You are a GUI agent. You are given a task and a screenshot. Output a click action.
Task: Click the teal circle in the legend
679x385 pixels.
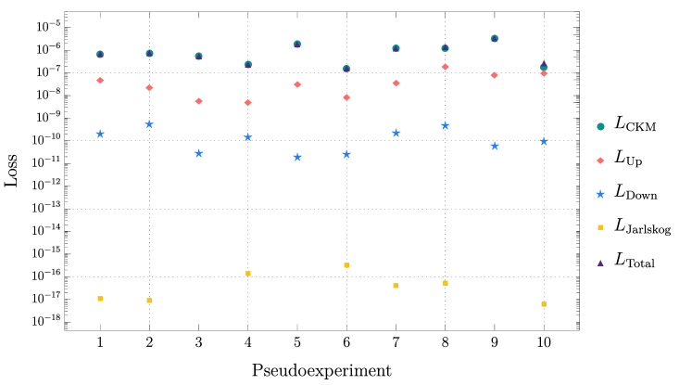click(600, 127)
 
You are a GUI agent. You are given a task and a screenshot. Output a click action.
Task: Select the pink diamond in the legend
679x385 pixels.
click(600, 160)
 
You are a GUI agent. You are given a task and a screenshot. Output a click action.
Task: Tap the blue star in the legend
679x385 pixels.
click(600, 194)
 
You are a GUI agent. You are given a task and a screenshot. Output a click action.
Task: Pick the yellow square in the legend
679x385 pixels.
click(600, 227)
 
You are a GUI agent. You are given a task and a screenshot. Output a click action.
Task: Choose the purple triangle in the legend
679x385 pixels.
click(600, 263)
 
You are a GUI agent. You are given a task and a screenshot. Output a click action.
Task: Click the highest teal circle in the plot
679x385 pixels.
click(495, 39)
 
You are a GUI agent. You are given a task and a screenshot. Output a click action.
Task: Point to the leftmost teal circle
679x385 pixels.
click(100, 55)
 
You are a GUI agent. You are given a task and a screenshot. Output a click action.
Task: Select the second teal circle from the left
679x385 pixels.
click(149, 54)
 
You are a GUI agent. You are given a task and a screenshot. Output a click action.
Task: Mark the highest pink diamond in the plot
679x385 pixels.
click(445, 67)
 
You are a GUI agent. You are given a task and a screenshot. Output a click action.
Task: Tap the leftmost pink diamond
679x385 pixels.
click(100, 81)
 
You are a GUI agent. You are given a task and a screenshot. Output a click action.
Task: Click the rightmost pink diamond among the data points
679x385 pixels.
click(544, 73)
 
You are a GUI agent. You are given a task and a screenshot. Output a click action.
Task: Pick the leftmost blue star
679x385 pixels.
click(100, 134)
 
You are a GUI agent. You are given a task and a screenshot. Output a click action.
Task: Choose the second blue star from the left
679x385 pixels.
click(149, 124)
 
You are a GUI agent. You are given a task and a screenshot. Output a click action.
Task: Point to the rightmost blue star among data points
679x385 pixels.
click(544, 141)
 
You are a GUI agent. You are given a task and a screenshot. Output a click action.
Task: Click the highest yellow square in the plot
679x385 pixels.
click(346, 265)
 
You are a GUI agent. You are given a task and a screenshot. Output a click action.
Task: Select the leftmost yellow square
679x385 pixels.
click(100, 299)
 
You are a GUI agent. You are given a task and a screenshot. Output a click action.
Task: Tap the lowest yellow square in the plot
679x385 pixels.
click(544, 304)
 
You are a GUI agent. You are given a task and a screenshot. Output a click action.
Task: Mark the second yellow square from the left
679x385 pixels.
click(149, 301)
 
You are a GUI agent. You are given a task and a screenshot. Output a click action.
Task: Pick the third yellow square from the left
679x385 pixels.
click(248, 274)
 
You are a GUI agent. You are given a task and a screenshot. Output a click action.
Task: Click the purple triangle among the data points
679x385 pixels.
click(544, 63)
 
